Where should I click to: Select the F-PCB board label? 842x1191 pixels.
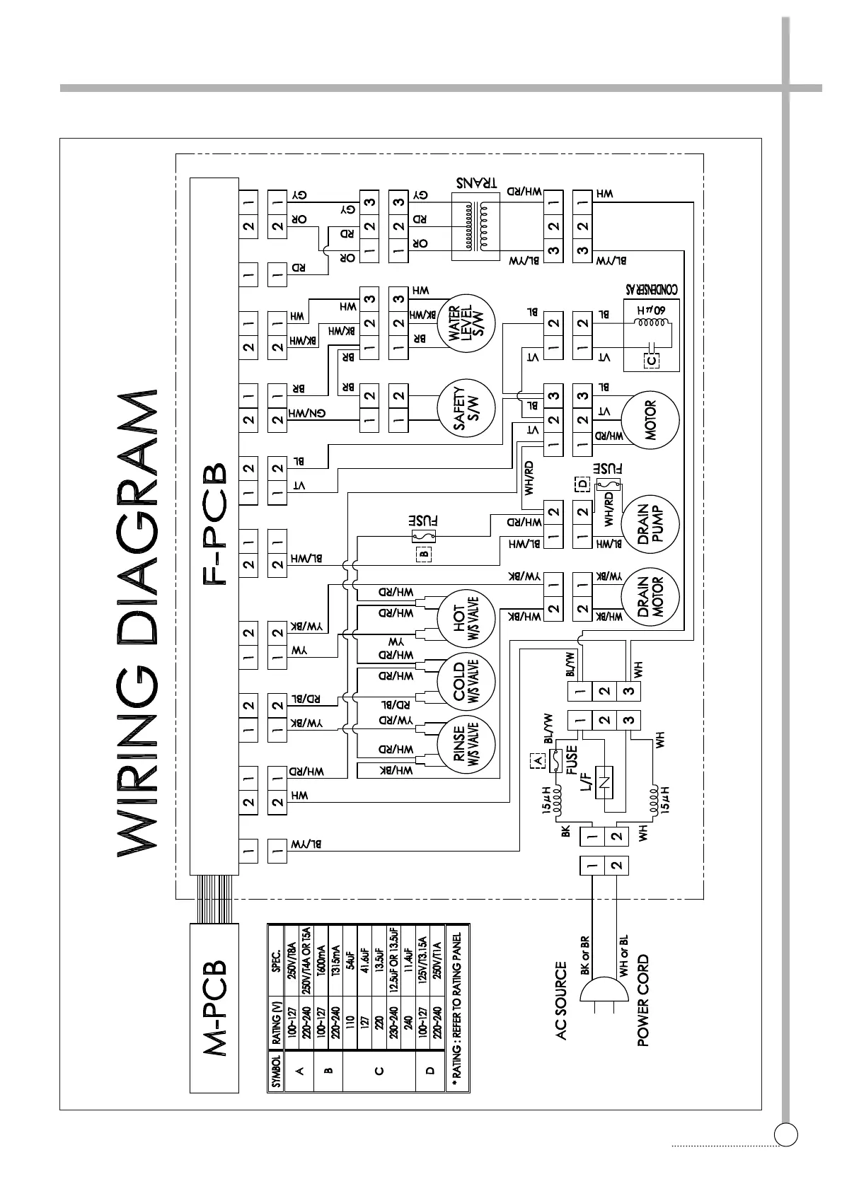coord(214,523)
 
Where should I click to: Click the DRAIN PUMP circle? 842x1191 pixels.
coord(650,522)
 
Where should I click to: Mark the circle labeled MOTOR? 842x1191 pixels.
coord(650,420)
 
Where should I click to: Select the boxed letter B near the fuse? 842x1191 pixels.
coord(423,554)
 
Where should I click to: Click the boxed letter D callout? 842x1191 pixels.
coord(582,484)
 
